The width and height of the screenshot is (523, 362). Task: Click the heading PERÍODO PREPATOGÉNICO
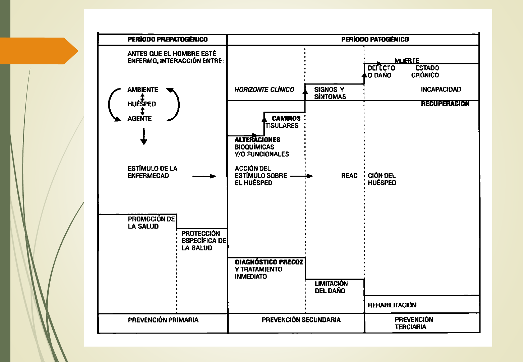point(167,40)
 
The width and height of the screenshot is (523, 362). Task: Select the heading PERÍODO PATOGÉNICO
point(375,40)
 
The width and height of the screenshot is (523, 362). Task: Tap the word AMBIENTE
point(142,89)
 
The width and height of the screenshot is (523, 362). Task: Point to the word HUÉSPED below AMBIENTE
point(141,104)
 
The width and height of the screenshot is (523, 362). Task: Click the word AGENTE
point(139,118)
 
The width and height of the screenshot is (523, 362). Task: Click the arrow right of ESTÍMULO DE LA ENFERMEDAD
point(204,176)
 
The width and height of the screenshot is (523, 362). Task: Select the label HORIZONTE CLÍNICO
point(264,89)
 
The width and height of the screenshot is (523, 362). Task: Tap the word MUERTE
point(407,61)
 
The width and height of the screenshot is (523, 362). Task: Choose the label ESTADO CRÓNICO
point(426,71)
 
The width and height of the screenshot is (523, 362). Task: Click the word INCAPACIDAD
point(441,89)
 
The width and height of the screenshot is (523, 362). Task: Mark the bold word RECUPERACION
point(445,104)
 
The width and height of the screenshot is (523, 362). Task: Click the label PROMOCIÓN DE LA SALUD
point(151,223)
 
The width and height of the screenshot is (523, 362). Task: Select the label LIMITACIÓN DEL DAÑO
point(331,287)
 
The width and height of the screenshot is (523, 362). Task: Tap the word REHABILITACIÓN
point(392,305)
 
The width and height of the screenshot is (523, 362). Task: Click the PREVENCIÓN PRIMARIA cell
point(163,320)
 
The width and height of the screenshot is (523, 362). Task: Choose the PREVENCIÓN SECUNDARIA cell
point(301,320)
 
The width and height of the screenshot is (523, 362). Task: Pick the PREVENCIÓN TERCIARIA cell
point(414,323)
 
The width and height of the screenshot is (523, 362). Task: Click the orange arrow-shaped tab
point(37,51)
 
